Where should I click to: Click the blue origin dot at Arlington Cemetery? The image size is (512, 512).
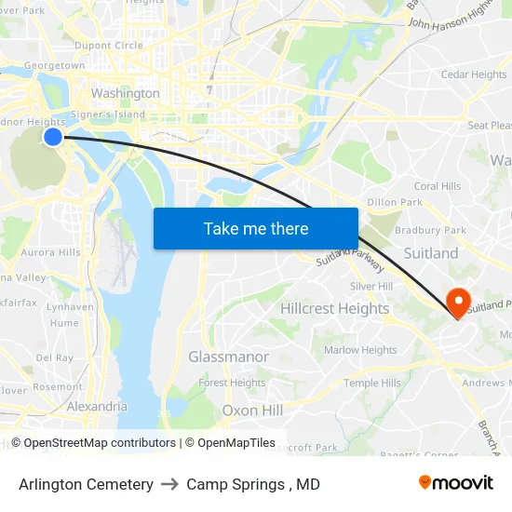click(53, 137)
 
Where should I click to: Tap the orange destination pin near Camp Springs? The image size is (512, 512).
click(458, 303)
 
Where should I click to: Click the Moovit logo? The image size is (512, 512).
click(456, 483)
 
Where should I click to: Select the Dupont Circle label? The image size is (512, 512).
click(109, 45)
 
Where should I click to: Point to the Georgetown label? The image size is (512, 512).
click(54, 66)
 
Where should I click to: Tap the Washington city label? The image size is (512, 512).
click(125, 93)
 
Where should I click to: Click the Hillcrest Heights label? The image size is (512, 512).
click(335, 308)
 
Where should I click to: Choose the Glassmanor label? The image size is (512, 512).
click(228, 357)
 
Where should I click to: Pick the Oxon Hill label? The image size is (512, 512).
click(252, 411)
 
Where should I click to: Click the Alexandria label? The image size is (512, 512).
click(97, 406)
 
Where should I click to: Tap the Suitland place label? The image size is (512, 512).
click(430, 253)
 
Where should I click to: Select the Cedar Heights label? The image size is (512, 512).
click(474, 74)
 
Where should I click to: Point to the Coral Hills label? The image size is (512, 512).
click(437, 186)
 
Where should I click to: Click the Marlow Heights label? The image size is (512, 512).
click(360, 350)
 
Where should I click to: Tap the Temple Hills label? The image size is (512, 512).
click(372, 383)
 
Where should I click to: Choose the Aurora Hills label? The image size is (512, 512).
click(50, 252)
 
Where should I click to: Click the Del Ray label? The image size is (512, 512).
click(54, 357)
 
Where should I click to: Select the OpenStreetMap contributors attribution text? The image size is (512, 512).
click(100, 443)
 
